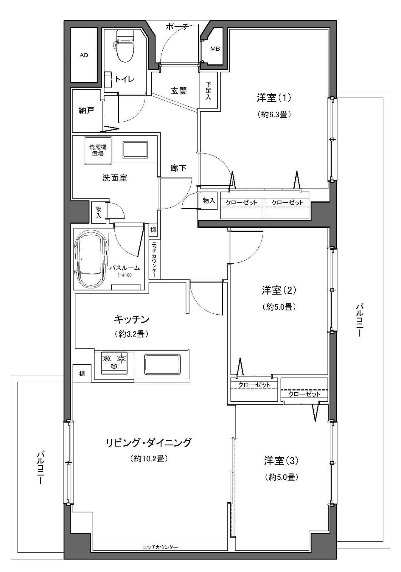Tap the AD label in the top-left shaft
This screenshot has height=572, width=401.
tap(84, 55)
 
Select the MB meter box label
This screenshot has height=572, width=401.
tap(215, 49)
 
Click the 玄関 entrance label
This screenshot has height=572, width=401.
tap(179, 91)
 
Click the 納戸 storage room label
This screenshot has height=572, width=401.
tap(86, 111)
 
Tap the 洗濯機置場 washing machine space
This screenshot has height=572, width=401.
tap(98, 150)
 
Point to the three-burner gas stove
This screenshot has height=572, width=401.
tap(114, 363)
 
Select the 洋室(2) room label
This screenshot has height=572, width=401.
tap(279, 290)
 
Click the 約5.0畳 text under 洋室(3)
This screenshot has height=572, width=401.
tap(282, 477)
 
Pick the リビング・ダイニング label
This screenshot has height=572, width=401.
tap(148, 443)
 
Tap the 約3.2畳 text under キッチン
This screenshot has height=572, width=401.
tap(131, 334)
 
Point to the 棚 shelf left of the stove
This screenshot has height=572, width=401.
tap(82, 373)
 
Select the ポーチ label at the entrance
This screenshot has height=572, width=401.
tap(177, 27)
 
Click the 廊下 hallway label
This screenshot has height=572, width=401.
tap(178, 168)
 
